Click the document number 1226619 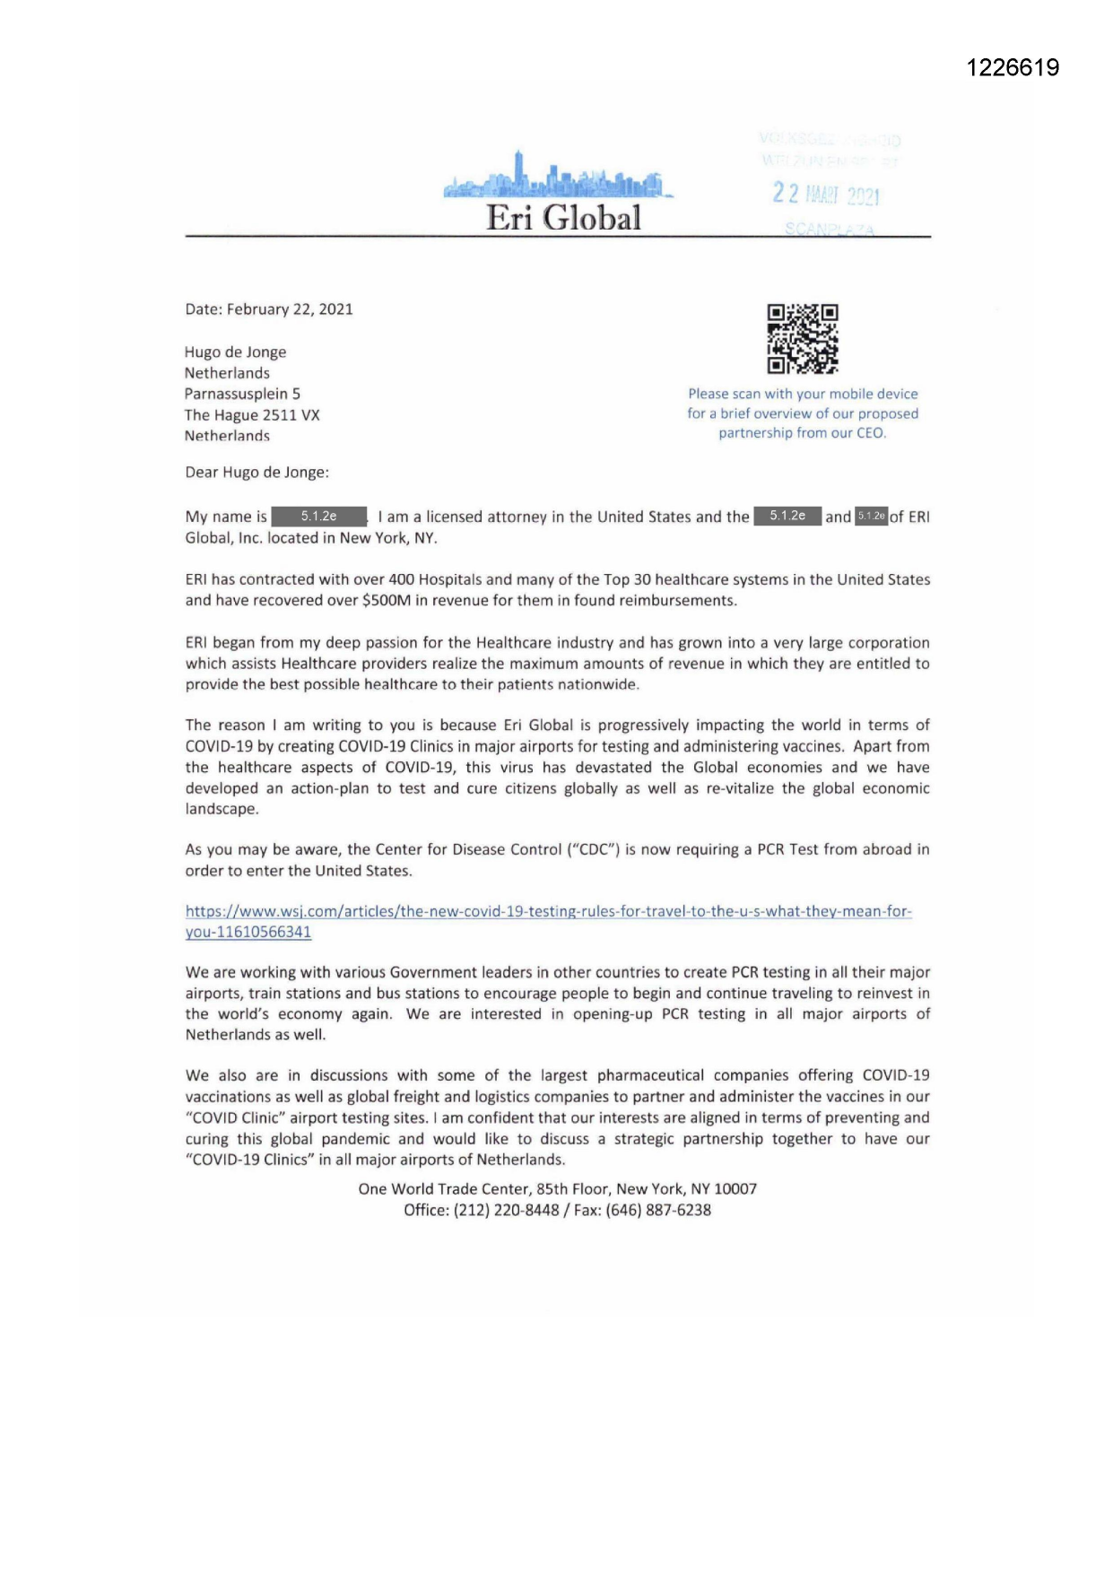(1013, 68)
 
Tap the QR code (803, 338)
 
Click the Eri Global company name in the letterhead (563, 218)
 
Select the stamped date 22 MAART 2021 (826, 195)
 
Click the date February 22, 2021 (290, 309)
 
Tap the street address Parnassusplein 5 (242, 394)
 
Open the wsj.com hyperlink (548, 912)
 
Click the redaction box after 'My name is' (319, 517)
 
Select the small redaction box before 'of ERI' (871, 517)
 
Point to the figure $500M (386, 601)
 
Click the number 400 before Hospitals (401, 579)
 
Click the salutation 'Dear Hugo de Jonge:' (257, 473)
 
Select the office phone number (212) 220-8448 (506, 1210)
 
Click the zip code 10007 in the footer (735, 1189)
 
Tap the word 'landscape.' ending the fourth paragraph (222, 809)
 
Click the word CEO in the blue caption (869, 433)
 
